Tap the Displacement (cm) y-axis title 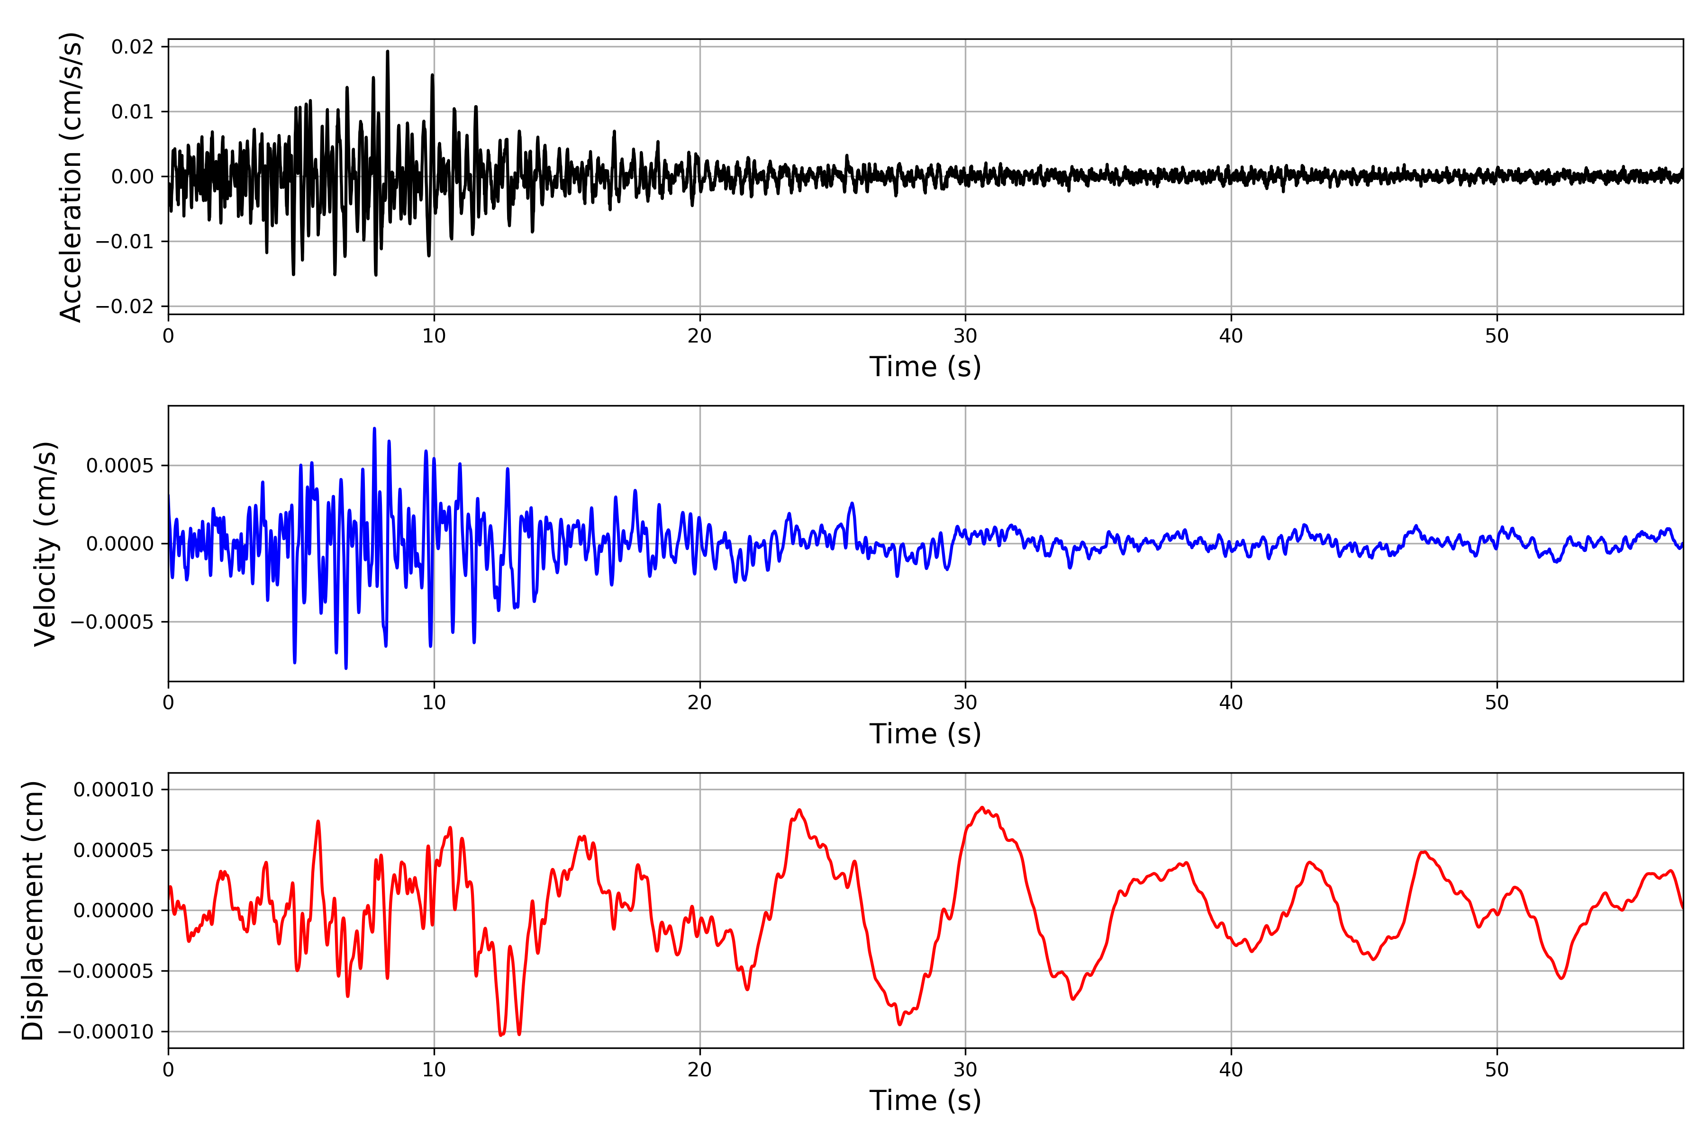[33, 910]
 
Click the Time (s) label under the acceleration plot [925, 367]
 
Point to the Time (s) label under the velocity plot [925, 734]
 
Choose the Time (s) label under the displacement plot [925, 1101]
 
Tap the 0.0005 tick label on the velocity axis [120, 466]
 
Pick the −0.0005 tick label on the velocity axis [112, 622]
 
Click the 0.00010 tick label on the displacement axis [114, 790]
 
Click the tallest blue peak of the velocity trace [374, 429]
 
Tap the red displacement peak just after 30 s [982, 807]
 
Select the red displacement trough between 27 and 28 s [900, 1025]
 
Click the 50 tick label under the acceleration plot [1497, 336]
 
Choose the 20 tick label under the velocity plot [699, 703]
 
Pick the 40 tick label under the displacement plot [1231, 1070]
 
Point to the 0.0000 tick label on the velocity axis [120, 544]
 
